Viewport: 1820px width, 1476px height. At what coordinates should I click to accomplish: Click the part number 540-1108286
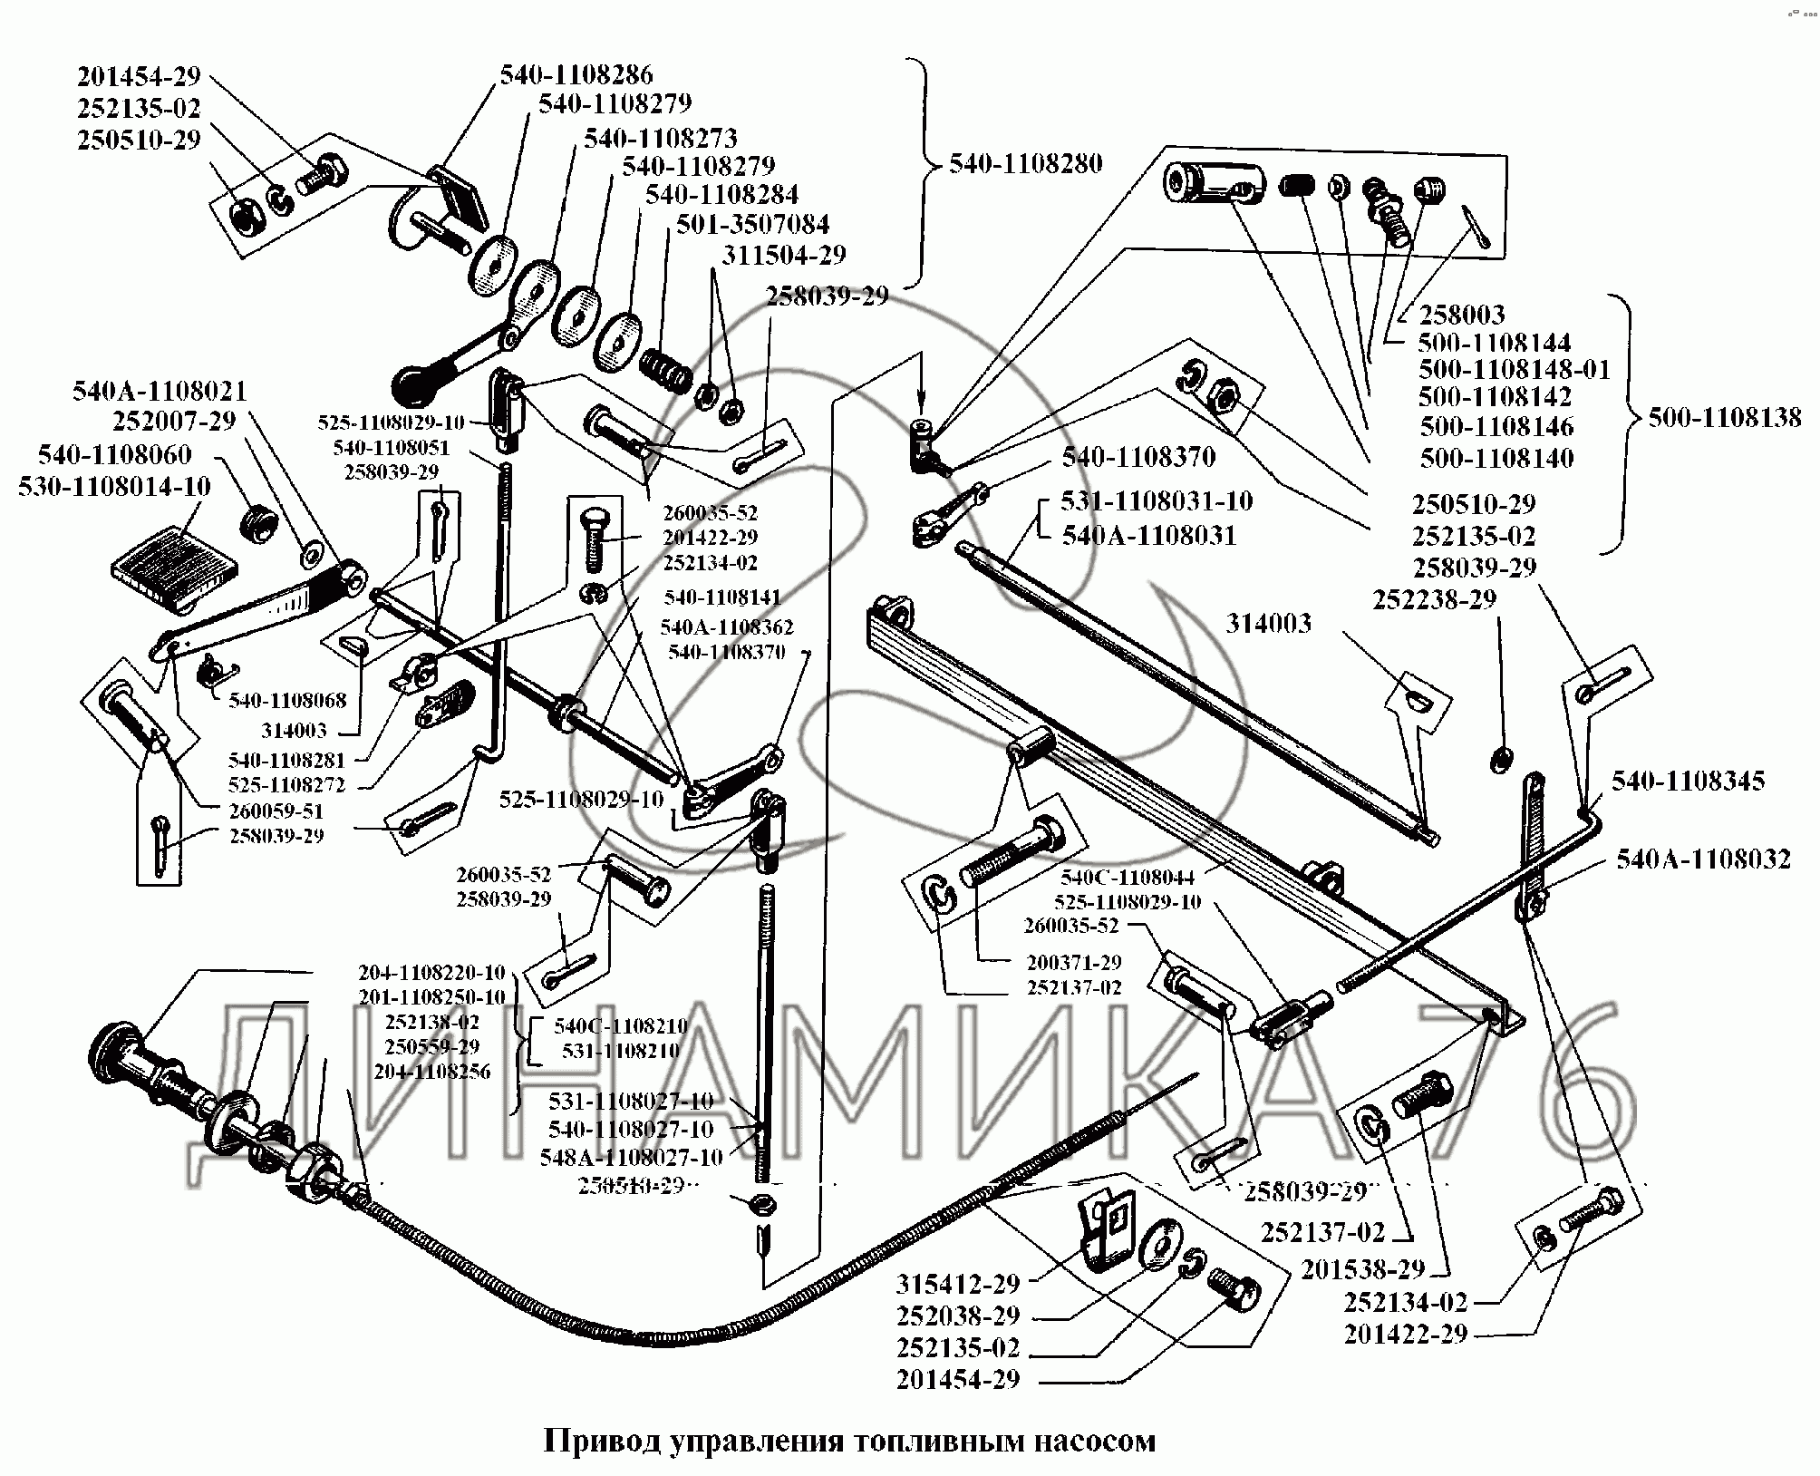[x=576, y=73]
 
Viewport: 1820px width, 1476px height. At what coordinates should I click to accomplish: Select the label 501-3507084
[x=752, y=223]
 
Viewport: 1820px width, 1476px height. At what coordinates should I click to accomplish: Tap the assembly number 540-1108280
[x=1026, y=163]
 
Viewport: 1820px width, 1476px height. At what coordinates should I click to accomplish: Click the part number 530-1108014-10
[x=114, y=486]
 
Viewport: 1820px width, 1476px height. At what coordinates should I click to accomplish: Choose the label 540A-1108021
[x=160, y=391]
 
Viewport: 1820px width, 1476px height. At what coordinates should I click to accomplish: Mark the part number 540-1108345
[x=1688, y=781]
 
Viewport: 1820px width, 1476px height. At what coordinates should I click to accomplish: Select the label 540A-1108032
[x=1703, y=859]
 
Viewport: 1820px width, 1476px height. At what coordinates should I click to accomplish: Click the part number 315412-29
[x=958, y=1284]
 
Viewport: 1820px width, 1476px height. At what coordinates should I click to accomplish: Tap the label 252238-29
[x=1434, y=599]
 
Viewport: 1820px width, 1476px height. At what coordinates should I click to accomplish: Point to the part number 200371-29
[x=1074, y=962]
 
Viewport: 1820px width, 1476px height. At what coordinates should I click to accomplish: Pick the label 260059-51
[x=277, y=811]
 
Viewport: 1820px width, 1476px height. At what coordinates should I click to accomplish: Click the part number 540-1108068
[x=287, y=701]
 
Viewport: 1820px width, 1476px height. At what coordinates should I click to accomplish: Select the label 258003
[x=1461, y=315]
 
